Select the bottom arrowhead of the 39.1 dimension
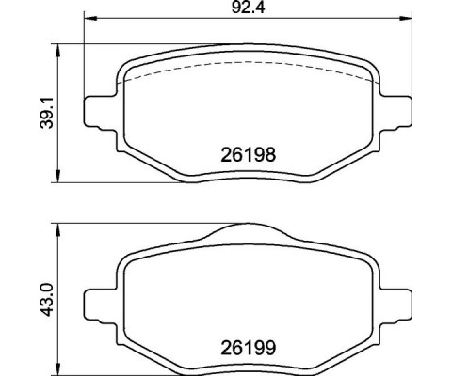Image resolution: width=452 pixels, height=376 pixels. (59, 180)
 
